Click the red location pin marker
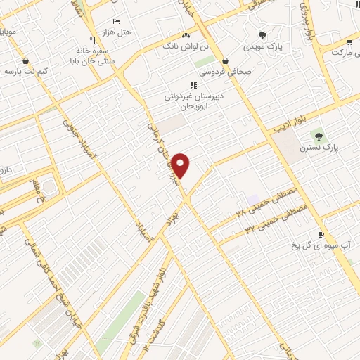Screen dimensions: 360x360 click(181, 165)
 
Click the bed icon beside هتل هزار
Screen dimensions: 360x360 click(117, 22)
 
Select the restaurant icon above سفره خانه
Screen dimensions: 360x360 click(92, 40)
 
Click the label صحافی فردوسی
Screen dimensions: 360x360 click(225, 72)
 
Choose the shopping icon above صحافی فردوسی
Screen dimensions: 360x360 click(225, 60)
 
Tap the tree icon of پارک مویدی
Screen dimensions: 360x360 click(262, 34)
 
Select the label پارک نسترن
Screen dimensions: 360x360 click(318, 148)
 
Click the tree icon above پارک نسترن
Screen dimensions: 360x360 click(318, 135)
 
